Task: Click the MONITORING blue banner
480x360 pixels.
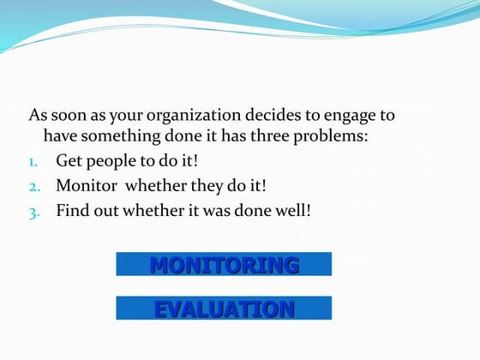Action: pos(224,264)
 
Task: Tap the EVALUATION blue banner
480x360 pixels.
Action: pos(224,309)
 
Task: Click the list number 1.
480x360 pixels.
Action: pos(34,160)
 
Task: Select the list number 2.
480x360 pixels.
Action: pos(34,185)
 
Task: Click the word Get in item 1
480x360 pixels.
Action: pos(69,160)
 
